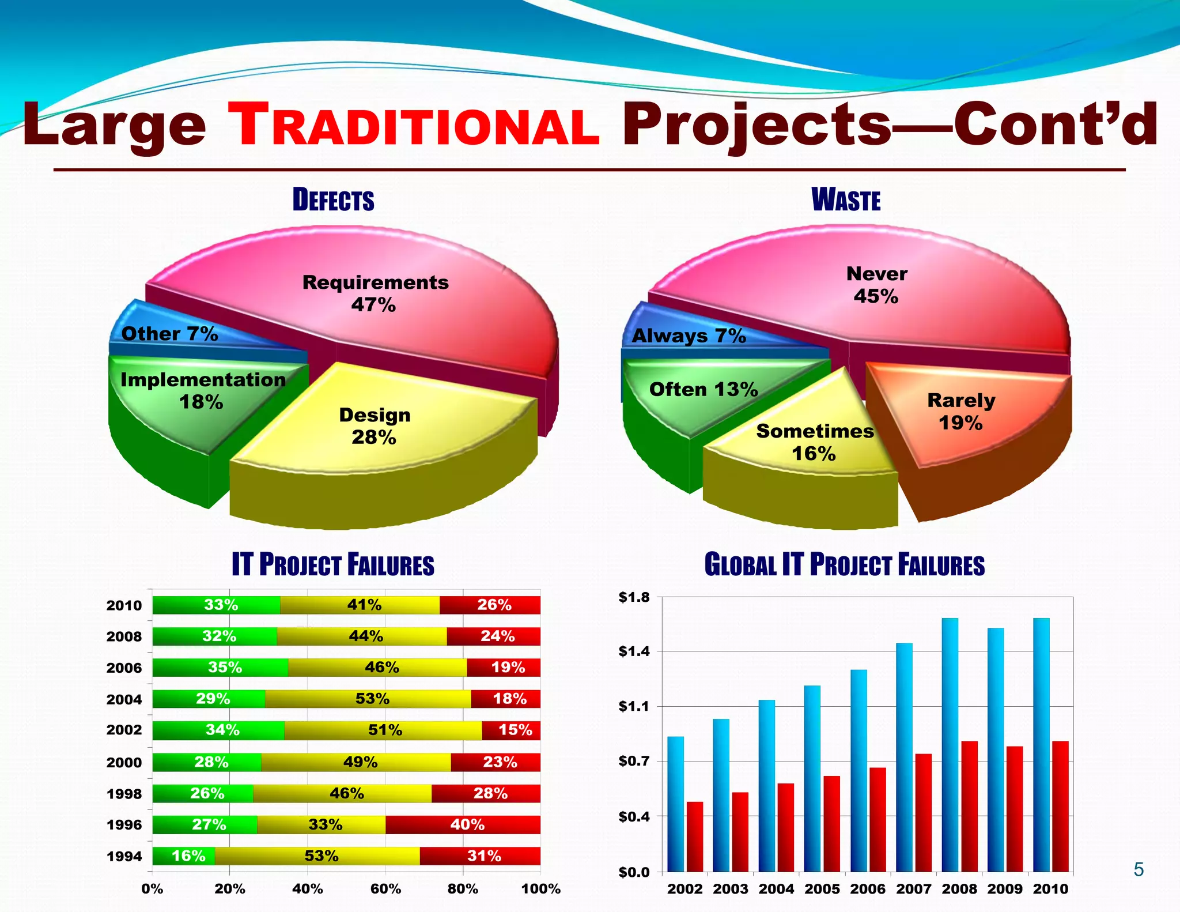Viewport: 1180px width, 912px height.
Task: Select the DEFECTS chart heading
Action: point(333,200)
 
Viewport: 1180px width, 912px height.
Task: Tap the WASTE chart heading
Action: point(846,200)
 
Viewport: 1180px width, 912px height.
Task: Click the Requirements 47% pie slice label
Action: point(375,293)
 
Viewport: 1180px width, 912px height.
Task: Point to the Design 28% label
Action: point(375,426)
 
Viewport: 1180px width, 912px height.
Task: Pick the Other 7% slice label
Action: point(169,334)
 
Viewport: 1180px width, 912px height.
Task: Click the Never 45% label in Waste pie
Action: point(876,285)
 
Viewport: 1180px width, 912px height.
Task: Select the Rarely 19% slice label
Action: point(961,411)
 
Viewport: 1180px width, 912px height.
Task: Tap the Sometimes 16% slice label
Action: point(815,442)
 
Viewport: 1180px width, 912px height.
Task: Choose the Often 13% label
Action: point(704,390)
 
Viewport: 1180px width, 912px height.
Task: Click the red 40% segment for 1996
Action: point(463,824)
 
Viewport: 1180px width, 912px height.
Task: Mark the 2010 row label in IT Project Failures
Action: point(124,605)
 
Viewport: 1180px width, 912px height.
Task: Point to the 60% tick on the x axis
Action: point(385,888)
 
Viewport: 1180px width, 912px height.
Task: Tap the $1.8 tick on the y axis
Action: point(633,597)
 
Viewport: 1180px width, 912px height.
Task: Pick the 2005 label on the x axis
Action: point(822,888)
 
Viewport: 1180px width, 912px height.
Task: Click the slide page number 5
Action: point(1139,869)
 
